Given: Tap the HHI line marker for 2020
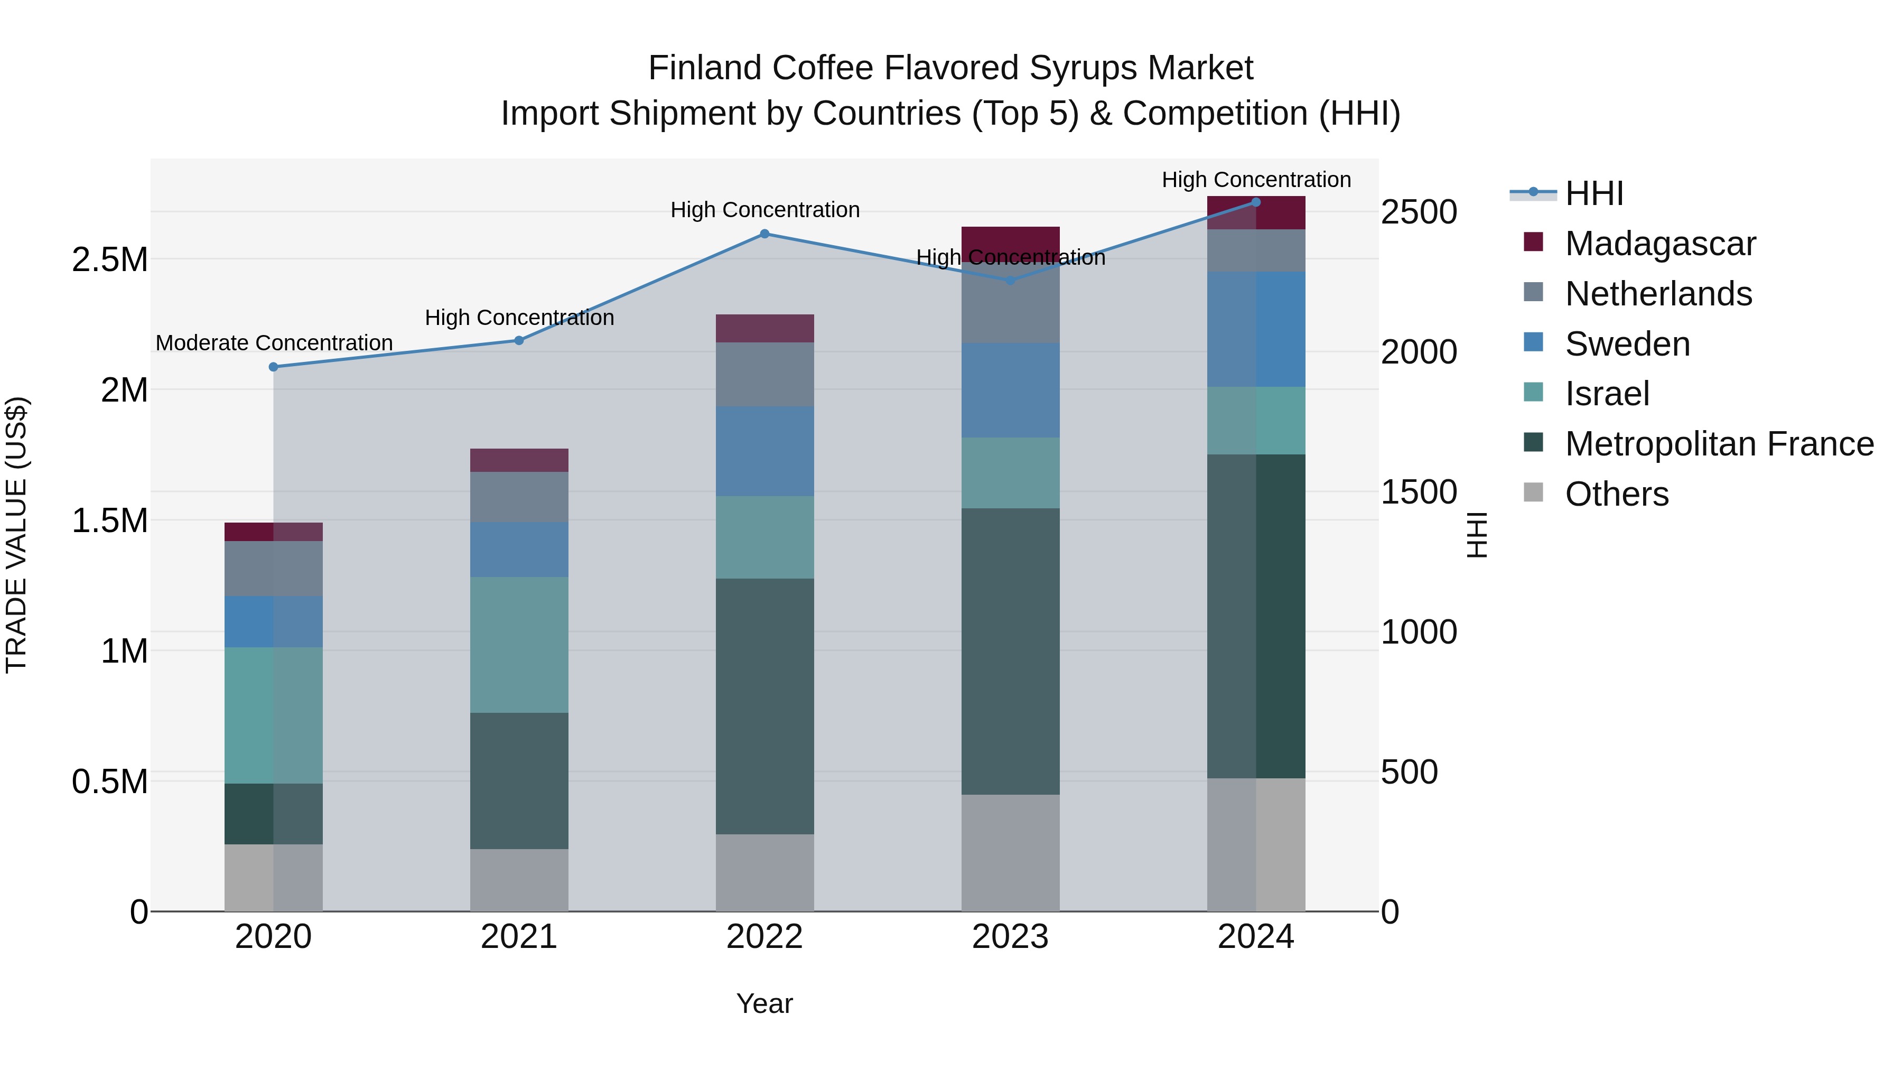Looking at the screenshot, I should (273, 367).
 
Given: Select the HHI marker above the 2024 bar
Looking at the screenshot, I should (1256, 202).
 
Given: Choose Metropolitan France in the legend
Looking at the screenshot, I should (1718, 444).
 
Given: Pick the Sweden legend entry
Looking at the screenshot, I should (1627, 344).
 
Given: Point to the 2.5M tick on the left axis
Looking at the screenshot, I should (110, 260).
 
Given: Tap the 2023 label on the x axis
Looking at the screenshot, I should (1010, 937).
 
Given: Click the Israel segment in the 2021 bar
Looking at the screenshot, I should (519, 644).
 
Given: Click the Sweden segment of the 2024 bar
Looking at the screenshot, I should (1256, 329).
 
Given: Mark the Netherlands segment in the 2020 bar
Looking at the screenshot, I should (273, 569).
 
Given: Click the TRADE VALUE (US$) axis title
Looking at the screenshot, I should (16, 535).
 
